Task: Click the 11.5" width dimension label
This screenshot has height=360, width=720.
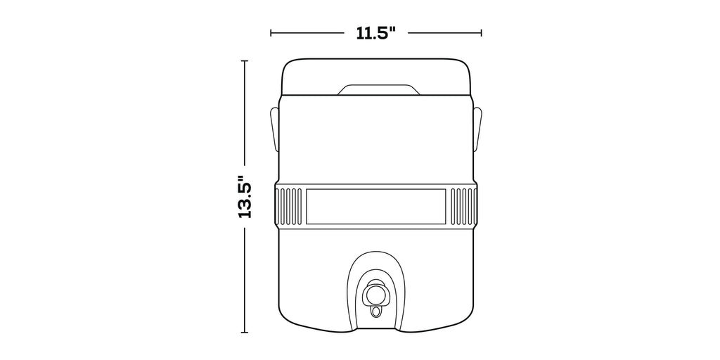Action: point(376,33)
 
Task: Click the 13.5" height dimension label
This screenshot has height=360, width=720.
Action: point(245,196)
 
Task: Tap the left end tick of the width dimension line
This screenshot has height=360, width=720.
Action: point(271,33)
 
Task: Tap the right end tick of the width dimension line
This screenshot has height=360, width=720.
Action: point(481,33)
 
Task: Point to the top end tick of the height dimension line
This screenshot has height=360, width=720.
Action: point(245,60)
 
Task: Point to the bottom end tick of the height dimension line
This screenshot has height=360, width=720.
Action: point(245,333)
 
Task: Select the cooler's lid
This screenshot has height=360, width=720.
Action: point(376,77)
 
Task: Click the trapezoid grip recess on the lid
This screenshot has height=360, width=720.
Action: point(379,89)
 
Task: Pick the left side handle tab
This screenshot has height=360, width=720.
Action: point(274,129)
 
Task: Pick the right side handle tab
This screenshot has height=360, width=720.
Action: point(477,129)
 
